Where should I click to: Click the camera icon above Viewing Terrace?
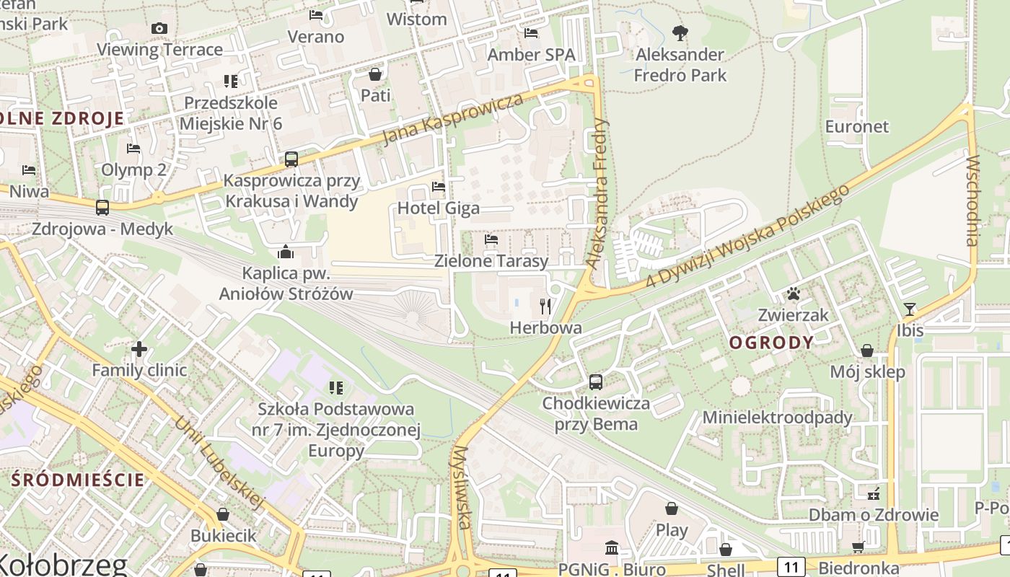tap(159, 29)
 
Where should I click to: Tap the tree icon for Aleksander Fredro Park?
tap(680, 32)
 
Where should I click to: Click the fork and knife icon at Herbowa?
tap(545, 307)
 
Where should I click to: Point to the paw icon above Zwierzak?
tap(794, 294)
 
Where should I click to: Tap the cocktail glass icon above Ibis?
tap(909, 309)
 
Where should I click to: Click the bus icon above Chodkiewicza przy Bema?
tap(596, 382)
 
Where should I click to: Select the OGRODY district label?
tap(771, 343)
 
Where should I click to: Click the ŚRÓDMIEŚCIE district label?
tap(79, 480)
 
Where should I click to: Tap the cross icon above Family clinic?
tap(139, 350)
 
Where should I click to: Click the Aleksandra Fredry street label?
tap(598, 193)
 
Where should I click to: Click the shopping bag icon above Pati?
tap(375, 74)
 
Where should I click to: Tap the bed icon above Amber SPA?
tap(531, 33)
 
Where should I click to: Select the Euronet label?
tap(857, 126)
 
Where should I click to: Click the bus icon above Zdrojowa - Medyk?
tap(102, 208)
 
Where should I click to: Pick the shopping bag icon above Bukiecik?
tap(223, 514)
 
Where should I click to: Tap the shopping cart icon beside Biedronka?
tap(858, 547)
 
